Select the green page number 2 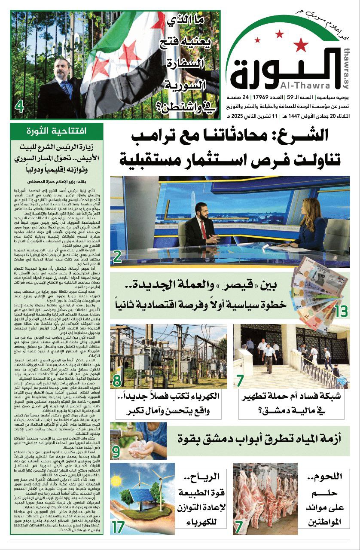[x=117, y=257]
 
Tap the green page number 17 [x=119, y=526]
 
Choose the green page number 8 [x=116, y=380]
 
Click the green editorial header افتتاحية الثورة [x=57, y=130]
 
